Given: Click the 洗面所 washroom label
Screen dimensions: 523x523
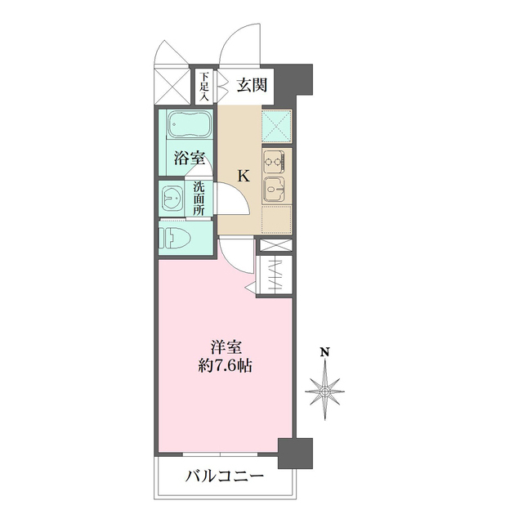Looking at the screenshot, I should (199, 199).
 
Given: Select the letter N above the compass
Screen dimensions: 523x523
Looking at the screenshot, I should (325, 353).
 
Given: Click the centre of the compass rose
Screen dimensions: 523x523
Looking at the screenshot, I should (325, 392).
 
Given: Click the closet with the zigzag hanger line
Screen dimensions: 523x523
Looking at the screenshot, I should (275, 275).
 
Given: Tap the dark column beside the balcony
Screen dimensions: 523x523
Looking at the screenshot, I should (295, 453).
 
